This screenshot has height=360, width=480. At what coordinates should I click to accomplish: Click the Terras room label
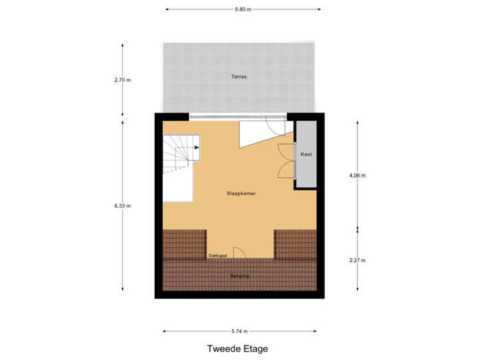point(239,77)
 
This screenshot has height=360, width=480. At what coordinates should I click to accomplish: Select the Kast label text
point(306,154)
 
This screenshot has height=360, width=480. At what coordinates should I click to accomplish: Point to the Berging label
point(240,275)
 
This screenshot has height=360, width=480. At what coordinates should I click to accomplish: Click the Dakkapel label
point(218,255)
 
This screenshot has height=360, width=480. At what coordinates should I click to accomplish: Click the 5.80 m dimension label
point(243,9)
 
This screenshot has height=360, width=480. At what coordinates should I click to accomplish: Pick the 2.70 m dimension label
point(123,80)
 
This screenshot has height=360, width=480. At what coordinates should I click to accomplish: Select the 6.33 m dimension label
point(123,206)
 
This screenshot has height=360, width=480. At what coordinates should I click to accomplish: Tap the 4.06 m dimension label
point(357,175)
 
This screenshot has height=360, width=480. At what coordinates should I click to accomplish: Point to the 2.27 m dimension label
point(357,260)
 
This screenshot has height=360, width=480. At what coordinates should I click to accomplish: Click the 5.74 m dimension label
point(240,331)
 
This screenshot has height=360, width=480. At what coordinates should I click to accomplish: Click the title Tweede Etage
point(237,349)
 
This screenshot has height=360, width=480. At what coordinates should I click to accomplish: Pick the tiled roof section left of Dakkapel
point(184,244)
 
